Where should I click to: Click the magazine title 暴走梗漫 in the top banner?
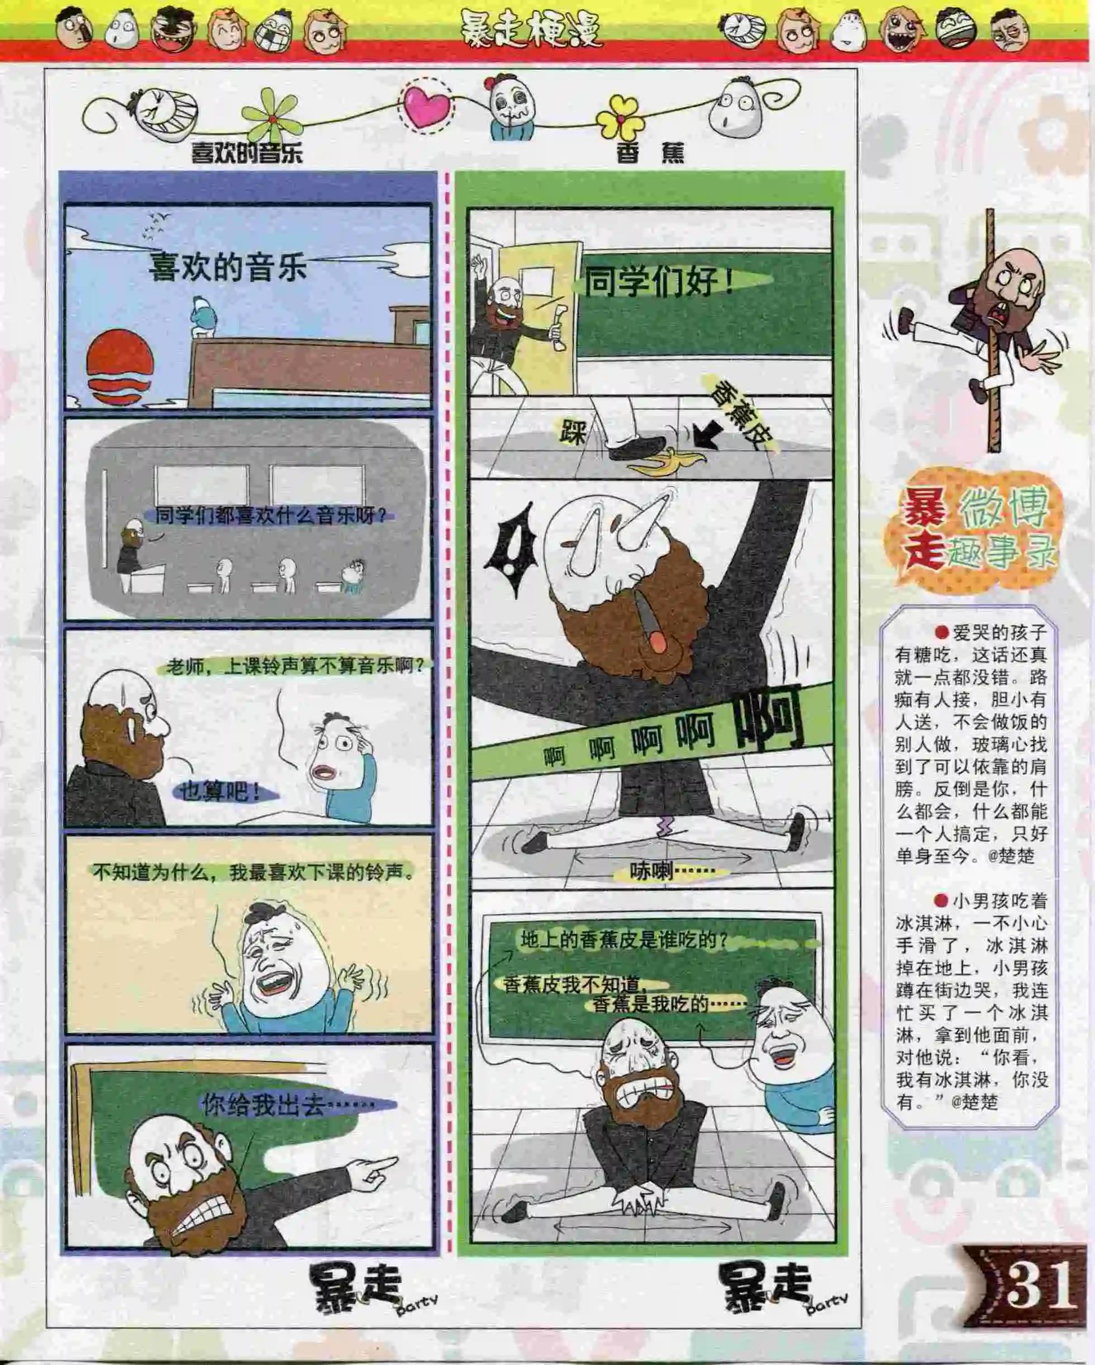pos(530,30)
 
